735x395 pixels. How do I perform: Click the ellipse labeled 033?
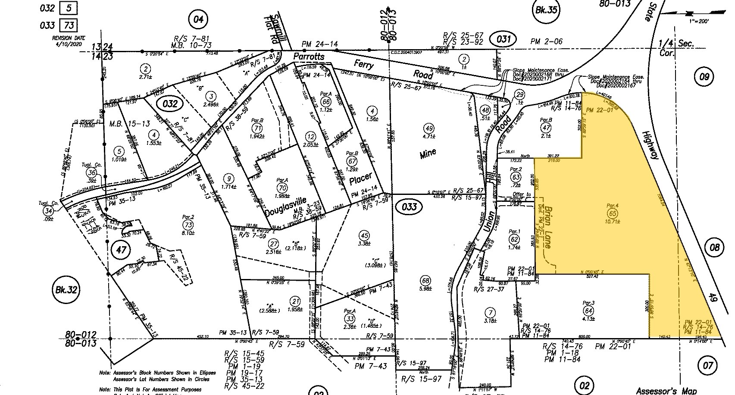pos(409,207)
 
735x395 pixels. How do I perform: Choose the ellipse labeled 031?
pos(504,40)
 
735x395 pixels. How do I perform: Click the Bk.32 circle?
pos(66,289)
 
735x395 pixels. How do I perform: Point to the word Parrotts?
pos(308,57)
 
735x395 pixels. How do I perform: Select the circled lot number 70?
pos(283,188)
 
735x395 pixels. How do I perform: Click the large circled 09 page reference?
pos(704,77)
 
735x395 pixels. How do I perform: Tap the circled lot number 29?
pos(520,95)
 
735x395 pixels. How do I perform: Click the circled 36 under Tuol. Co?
pos(91,172)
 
